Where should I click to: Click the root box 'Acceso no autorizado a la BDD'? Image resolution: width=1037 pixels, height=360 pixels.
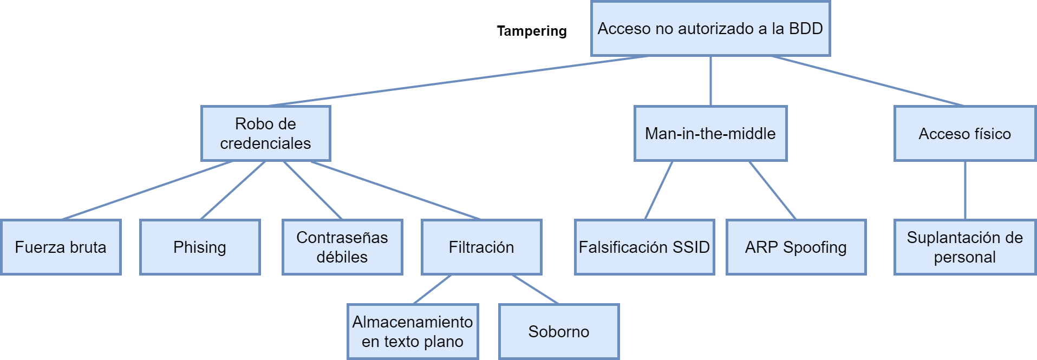pyautogui.click(x=710, y=29)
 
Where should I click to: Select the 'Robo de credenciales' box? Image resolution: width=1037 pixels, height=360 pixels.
pyautogui.click(x=265, y=133)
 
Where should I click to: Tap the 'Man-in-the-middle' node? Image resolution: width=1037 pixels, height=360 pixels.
pyautogui.click(x=710, y=133)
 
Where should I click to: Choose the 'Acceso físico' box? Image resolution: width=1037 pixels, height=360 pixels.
pyautogui.click(x=964, y=133)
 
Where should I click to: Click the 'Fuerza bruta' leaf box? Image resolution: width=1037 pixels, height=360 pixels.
pyautogui.click(x=61, y=247)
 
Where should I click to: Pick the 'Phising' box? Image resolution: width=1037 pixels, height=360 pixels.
pyautogui.click(x=200, y=247)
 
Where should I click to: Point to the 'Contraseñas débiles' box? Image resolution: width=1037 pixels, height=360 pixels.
pyautogui.click(x=342, y=247)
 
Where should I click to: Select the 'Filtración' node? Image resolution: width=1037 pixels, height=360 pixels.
pyautogui.click(x=481, y=247)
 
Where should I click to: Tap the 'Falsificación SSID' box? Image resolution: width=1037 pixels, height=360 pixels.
pyautogui.click(x=644, y=247)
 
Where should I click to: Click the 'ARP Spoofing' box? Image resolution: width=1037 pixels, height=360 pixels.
pyautogui.click(x=796, y=247)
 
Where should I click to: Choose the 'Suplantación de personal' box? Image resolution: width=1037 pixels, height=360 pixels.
pyautogui.click(x=964, y=247)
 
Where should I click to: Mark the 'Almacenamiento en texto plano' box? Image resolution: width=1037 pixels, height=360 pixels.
pyautogui.click(x=413, y=331)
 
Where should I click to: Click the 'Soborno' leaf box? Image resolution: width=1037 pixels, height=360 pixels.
pyautogui.click(x=558, y=331)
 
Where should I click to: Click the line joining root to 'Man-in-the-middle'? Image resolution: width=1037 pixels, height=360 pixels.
pyautogui.click(x=710, y=81)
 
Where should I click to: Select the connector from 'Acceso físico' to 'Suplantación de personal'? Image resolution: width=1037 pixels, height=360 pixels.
pyautogui.click(x=965, y=190)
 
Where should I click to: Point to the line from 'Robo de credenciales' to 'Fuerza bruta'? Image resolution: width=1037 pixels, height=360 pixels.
pyautogui.click(x=147, y=190)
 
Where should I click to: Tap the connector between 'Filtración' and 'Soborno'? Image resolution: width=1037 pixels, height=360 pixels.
pyautogui.click(x=535, y=289)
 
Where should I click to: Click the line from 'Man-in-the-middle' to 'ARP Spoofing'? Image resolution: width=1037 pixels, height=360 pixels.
pyautogui.click(x=772, y=190)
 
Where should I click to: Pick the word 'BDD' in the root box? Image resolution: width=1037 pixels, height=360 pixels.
pyautogui.click(x=806, y=29)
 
